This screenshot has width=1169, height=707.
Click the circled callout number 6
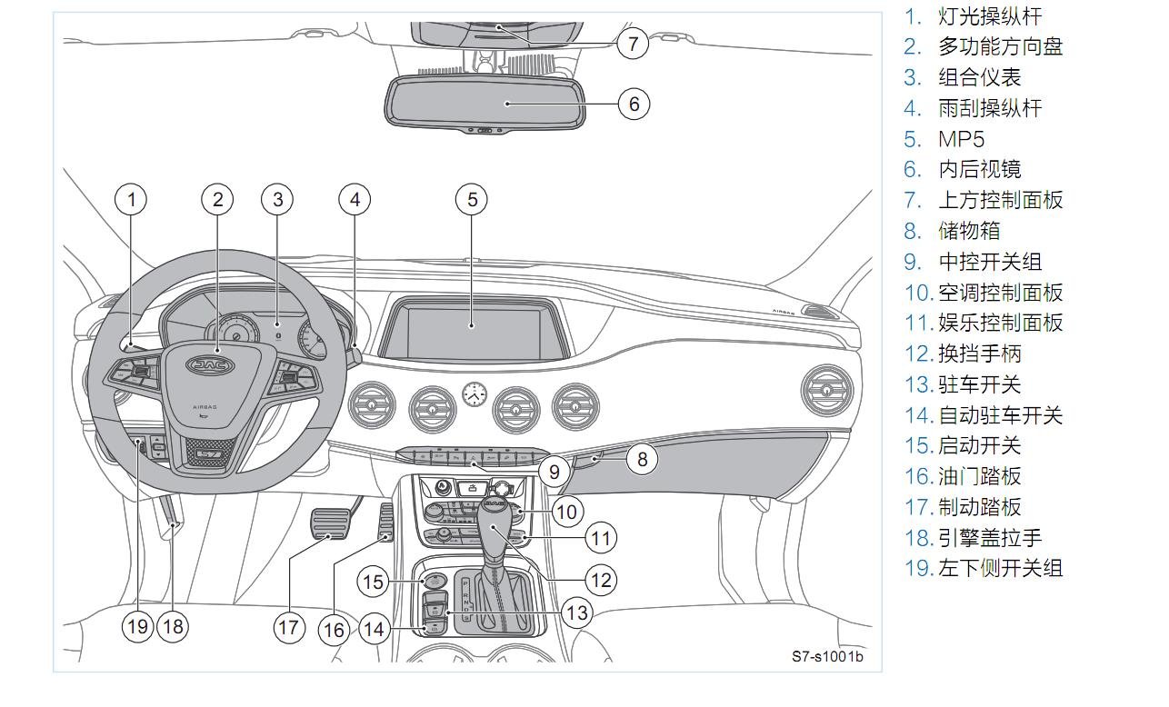[634, 104]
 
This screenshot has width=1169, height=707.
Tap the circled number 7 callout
[633, 43]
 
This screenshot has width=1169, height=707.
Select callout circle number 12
[600, 580]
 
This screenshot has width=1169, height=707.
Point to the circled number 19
[137, 626]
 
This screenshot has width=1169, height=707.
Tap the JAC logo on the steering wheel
[210, 364]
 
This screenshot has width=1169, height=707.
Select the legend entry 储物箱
[969, 231]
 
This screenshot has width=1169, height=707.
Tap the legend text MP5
[961, 139]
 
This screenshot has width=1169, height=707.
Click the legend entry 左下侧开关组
[1000, 568]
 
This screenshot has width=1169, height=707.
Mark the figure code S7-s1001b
[827, 656]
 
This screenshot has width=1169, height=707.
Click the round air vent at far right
[827, 389]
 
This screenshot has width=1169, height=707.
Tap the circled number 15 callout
[374, 581]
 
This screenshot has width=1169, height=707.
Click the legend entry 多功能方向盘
[1000, 46]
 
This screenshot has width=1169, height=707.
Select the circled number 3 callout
[278, 199]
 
